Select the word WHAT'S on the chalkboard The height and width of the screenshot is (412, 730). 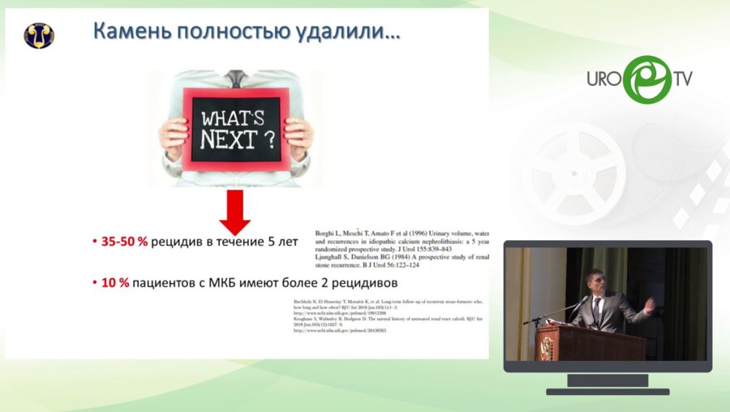click(232, 116)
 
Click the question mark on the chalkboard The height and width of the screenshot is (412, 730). click(268, 140)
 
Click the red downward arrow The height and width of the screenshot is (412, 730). click(234, 213)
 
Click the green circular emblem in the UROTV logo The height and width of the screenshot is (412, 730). click(646, 79)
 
